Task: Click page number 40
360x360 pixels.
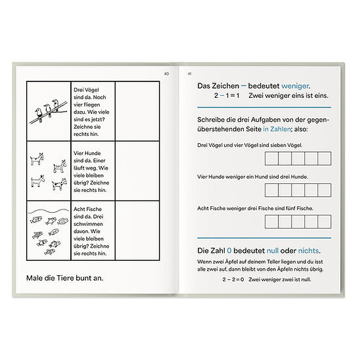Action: coord(166,74)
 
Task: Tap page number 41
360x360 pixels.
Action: coord(190,74)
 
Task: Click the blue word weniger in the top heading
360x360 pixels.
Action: coord(295,86)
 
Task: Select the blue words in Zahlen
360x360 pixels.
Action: coord(277,129)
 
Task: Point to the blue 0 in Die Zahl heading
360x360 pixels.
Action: coord(229,250)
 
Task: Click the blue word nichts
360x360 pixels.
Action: coord(308,250)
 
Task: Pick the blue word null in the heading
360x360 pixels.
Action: coord(273,250)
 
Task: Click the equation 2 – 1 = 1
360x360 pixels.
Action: coord(227,95)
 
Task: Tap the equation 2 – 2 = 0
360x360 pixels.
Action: coord(233,279)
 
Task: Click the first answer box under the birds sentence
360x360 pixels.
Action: coord(271,158)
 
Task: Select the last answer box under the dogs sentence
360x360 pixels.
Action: coord(325,190)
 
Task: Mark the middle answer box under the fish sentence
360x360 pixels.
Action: coord(298,221)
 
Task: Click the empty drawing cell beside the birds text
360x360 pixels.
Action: coord(137,111)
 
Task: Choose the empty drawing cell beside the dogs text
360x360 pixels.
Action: coord(137,171)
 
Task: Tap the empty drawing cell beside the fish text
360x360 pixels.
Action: coord(137,231)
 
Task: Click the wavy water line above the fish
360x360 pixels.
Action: coord(49,211)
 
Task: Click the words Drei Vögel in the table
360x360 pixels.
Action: coord(86,90)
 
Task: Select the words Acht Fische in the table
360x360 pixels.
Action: coord(87,209)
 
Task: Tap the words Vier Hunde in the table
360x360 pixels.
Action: coord(87,153)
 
